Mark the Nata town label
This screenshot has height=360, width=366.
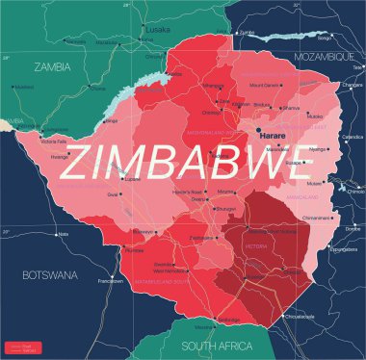[64, 234]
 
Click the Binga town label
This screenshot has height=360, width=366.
[112, 120]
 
